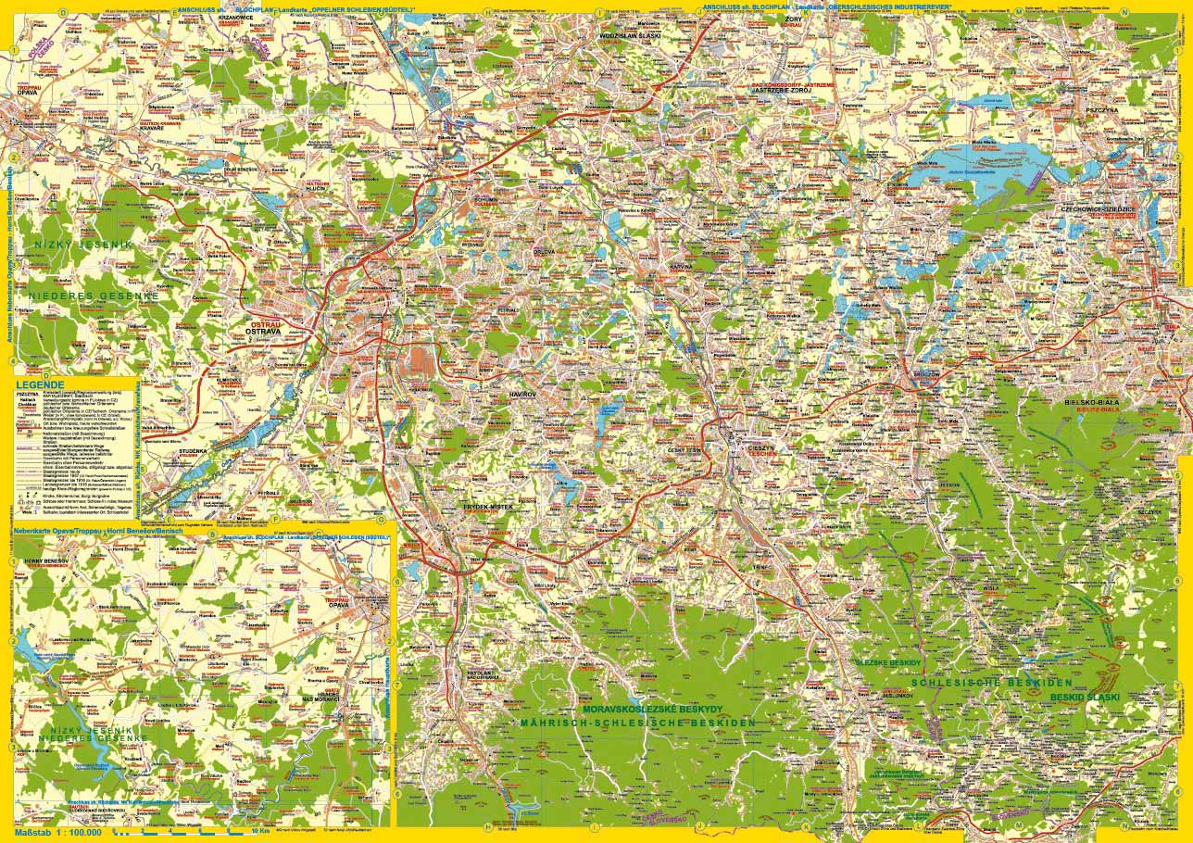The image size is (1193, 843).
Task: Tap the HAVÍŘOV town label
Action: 523,395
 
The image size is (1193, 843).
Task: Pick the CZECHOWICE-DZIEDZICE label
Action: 1099,210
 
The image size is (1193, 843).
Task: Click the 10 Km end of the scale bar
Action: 260,831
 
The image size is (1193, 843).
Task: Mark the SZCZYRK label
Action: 1149,511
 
